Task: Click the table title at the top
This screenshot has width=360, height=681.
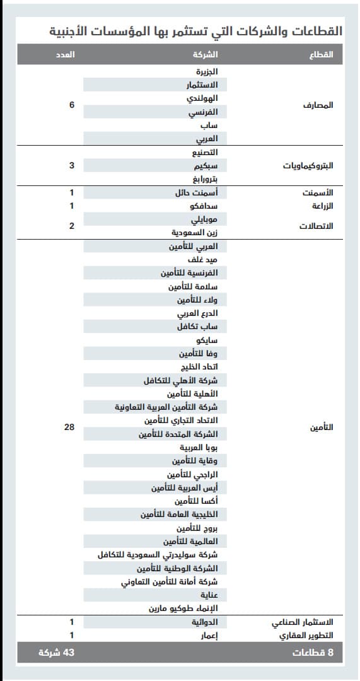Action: click(195, 30)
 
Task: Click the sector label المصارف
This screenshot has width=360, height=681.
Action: click(319, 105)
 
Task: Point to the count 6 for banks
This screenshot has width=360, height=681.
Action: click(72, 105)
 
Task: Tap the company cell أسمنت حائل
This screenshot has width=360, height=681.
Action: click(196, 193)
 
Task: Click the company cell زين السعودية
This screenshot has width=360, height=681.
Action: click(195, 233)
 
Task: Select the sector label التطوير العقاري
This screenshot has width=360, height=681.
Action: click(306, 636)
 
